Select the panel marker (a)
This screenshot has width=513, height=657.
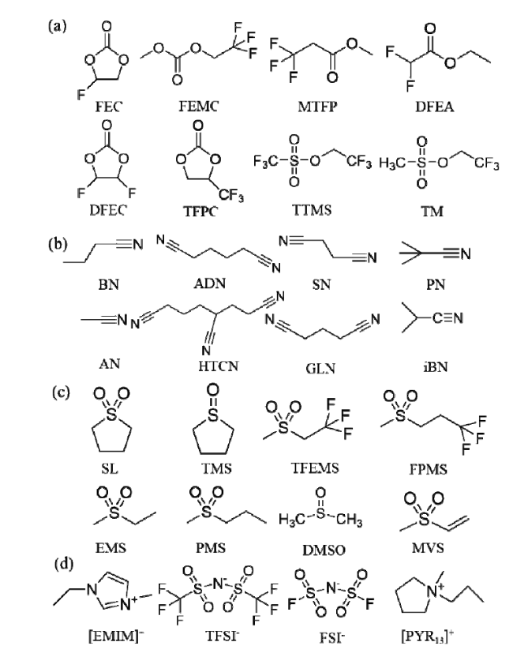pos(58,26)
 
